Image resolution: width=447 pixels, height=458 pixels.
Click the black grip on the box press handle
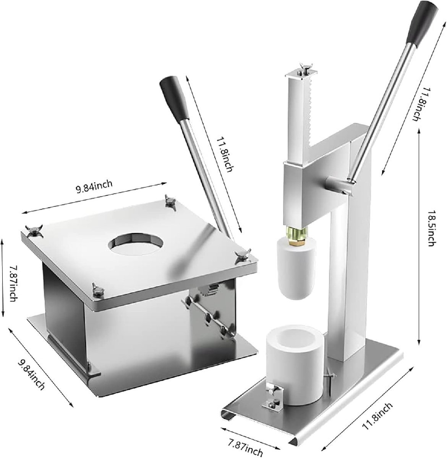tap(174, 98)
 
